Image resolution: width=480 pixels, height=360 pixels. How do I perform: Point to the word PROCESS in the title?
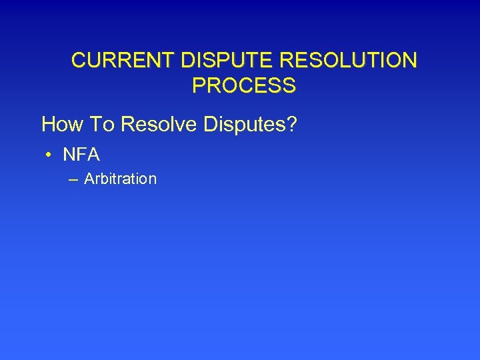(x=243, y=85)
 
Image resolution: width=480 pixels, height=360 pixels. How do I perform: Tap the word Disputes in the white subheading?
(x=245, y=123)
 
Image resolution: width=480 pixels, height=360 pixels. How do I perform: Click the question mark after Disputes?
(x=290, y=123)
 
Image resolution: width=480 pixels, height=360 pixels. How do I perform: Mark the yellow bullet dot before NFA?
(x=49, y=155)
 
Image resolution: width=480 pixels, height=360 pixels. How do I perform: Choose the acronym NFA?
(x=81, y=155)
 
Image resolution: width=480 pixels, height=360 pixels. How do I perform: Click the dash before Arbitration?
(x=72, y=179)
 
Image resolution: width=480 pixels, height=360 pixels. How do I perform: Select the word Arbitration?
(x=121, y=179)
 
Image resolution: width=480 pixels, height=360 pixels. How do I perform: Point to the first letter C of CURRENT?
(x=79, y=61)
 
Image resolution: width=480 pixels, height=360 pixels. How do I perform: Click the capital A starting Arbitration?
(x=89, y=179)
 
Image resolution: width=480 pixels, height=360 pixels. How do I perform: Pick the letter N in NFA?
(x=69, y=155)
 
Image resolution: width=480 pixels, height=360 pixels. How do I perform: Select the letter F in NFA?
(x=81, y=155)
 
